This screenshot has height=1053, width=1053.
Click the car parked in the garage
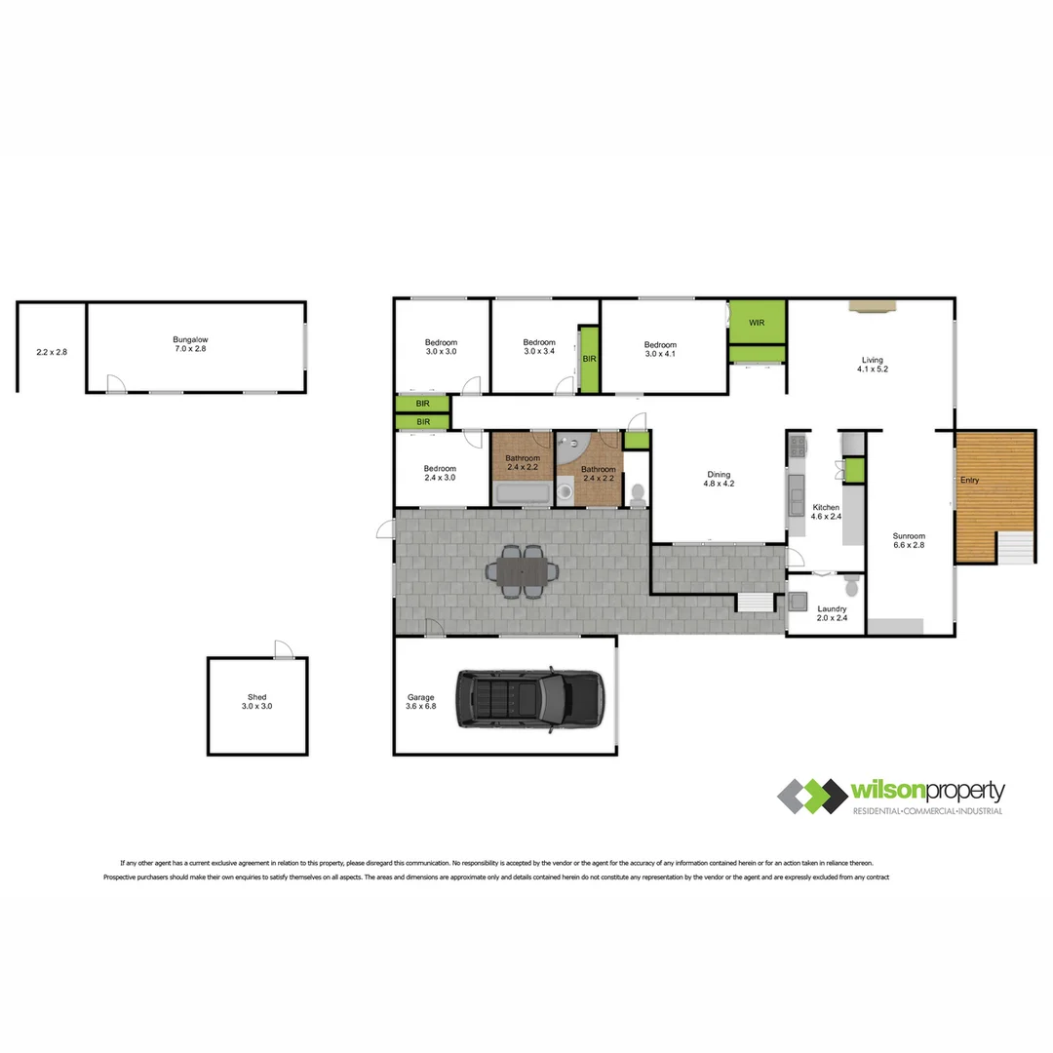click(531, 700)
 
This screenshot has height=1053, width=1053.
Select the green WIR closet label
click(757, 323)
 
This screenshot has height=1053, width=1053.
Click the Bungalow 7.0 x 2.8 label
click(190, 343)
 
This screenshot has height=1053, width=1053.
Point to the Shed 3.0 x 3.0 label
click(256, 701)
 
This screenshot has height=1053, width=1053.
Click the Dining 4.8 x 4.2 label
click(718, 479)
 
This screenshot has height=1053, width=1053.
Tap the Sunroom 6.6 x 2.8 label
click(909, 540)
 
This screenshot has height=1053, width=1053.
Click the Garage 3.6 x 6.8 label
click(421, 702)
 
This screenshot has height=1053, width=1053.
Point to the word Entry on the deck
click(970, 481)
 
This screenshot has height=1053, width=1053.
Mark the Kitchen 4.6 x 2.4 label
click(825, 512)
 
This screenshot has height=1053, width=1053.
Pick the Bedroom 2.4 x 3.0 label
click(441, 473)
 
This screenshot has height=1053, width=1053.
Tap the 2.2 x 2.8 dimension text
click(52, 352)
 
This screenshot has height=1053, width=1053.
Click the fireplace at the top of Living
click(870, 306)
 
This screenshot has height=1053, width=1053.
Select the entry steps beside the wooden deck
click(1016, 547)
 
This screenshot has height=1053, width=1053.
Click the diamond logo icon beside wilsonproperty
click(811, 797)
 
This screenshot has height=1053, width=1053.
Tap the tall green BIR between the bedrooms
click(589, 359)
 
